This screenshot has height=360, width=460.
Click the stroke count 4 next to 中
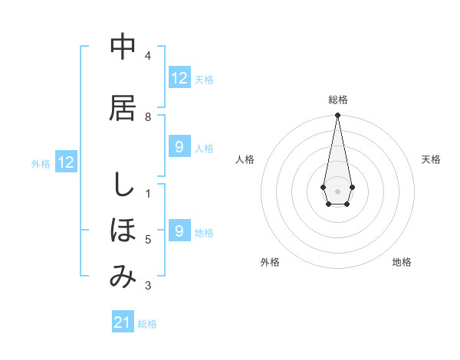click(148, 55)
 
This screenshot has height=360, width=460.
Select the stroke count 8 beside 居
click(148, 116)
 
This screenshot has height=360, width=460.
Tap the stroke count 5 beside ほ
click(148, 240)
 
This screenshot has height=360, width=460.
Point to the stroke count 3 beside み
click(148, 286)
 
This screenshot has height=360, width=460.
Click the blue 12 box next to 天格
click(179, 78)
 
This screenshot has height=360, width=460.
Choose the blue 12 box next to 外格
click(66, 162)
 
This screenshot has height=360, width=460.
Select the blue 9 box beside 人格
click(179, 147)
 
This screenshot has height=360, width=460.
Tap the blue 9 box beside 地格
click(179, 231)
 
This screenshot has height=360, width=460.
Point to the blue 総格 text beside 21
click(147, 324)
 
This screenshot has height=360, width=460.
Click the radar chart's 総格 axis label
click(338, 100)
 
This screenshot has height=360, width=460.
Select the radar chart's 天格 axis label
click(432, 159)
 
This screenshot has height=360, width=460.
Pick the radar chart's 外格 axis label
click(270, 262)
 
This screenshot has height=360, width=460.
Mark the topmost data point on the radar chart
click(337, 116)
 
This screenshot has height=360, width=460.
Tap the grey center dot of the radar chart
click(337, 191)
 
